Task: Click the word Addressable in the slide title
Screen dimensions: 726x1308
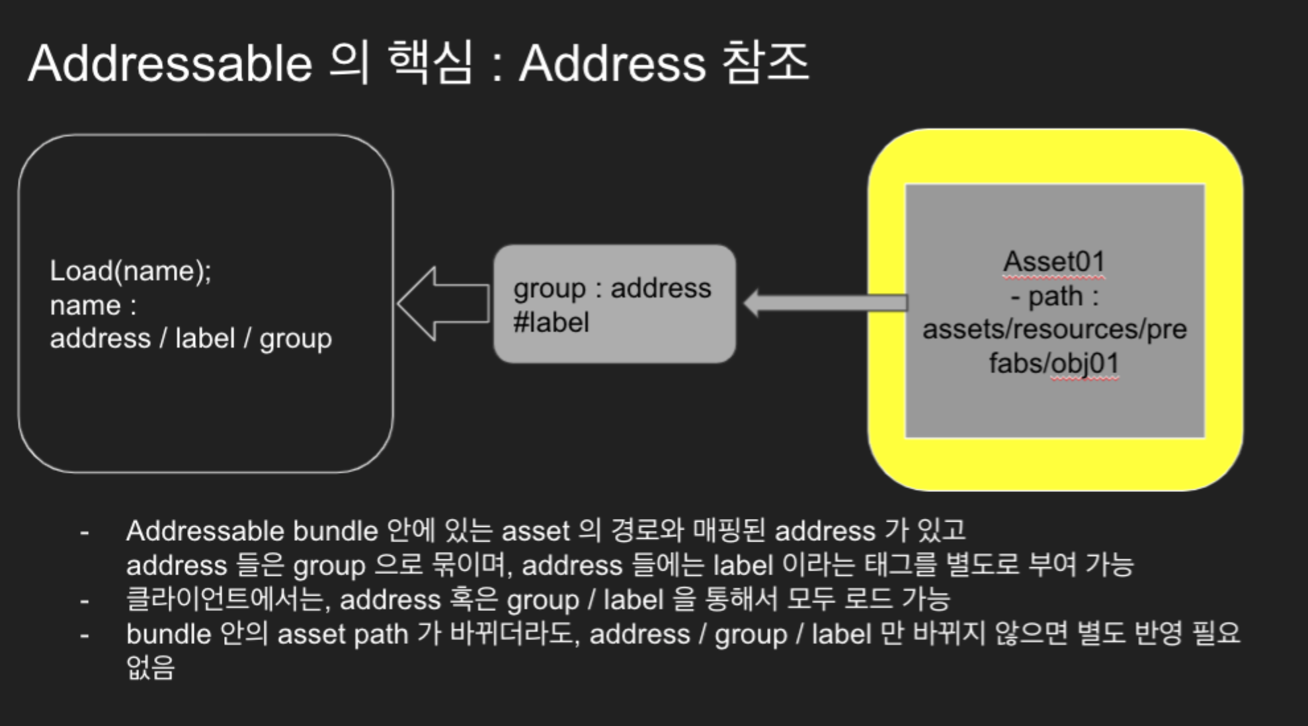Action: tap(170, 64)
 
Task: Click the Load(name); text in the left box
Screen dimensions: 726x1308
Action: tap(130, 271)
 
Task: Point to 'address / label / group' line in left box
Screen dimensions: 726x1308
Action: tap(190, 339)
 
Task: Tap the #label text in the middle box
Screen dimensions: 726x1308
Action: tap(551, 323)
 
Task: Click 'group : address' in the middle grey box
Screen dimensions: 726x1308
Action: tap(612, 288)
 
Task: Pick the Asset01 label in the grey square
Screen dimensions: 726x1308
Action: tap(1053, 262)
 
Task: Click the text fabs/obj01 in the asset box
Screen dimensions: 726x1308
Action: tap(1053, 363)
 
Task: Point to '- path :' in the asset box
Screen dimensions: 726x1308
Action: tap(1054, 296)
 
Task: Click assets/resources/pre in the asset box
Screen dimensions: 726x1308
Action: tap(1054, 329)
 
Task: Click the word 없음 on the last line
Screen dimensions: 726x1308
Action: tap(150, 668)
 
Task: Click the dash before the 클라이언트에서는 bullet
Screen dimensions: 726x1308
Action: tap(84, 601)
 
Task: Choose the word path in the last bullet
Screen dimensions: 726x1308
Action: tap(380, 635)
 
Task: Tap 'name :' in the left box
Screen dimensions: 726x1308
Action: tap(93, 305)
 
